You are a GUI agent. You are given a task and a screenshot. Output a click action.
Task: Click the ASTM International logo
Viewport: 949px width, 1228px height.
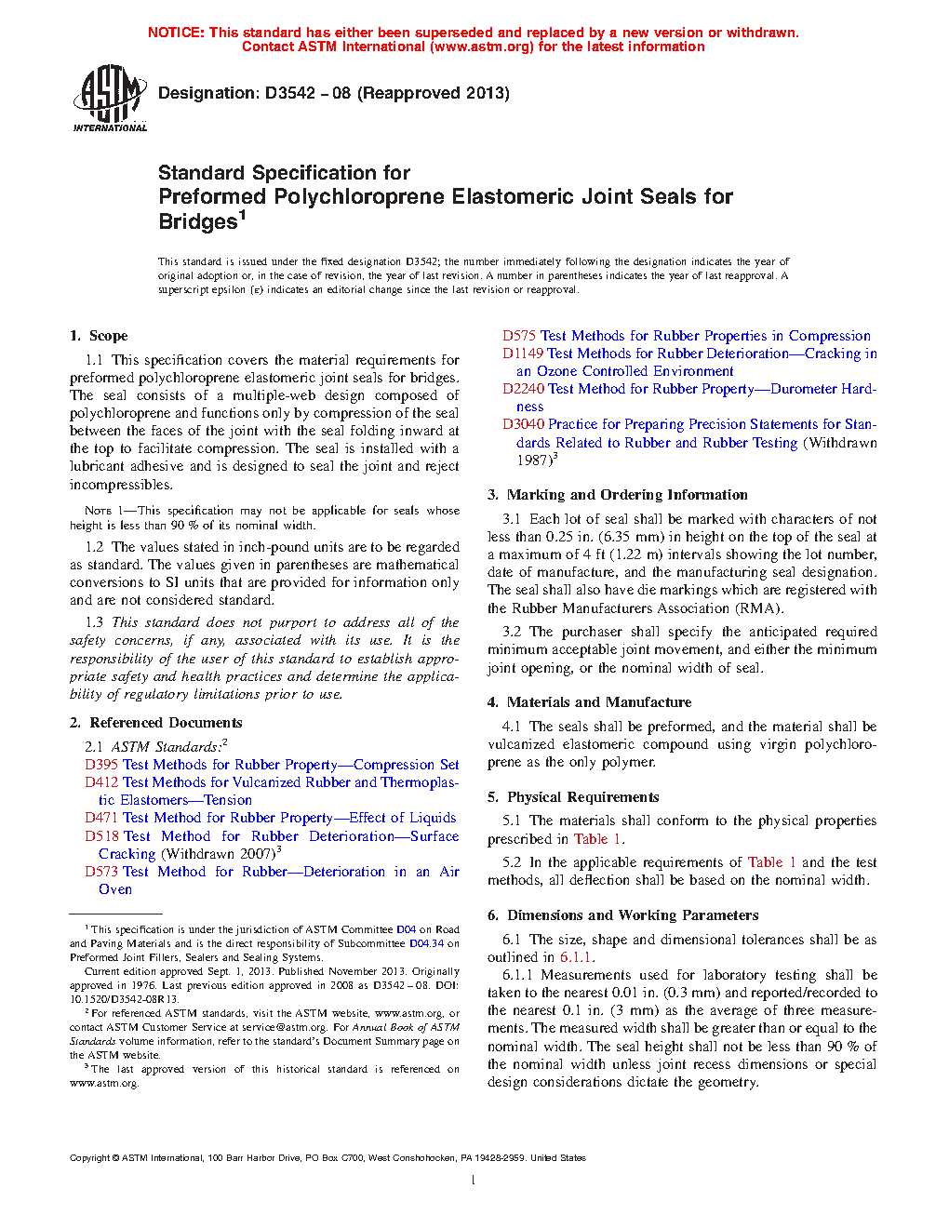coord(110,98)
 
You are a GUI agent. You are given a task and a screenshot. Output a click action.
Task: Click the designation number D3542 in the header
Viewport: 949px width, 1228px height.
coord(289,93)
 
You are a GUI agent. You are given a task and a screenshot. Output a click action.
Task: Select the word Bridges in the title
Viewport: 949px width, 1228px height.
coord(197,222)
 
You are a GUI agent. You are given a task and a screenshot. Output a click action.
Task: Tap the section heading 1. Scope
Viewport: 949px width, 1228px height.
coord(99,336)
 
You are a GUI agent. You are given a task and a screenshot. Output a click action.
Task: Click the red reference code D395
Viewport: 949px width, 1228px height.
coord(101,765)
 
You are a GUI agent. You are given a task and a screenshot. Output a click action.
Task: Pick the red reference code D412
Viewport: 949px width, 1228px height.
coord(101,782)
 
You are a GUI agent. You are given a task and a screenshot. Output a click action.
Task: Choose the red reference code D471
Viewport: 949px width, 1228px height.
coord(101,818)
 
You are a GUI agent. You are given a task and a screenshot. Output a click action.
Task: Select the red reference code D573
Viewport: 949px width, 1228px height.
coord(101,872)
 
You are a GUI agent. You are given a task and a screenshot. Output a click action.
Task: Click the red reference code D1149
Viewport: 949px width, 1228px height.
coord(523,354)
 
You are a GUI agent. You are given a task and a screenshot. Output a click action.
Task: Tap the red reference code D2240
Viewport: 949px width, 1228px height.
coord(524,389)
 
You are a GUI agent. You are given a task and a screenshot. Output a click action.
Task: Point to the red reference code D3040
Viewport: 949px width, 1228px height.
coord(524,424)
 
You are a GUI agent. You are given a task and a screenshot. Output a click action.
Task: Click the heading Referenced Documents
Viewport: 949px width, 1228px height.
coord(166,723)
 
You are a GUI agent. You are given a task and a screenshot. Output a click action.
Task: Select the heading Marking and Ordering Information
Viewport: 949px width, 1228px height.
coord(627,495)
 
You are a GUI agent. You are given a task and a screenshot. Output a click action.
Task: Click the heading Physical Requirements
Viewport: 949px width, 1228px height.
coord(582,797)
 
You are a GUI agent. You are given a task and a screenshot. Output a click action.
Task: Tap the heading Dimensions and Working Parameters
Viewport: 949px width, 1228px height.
coord(633,915)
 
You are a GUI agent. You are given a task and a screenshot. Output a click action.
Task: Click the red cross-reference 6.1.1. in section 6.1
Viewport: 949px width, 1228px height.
coord(577,957)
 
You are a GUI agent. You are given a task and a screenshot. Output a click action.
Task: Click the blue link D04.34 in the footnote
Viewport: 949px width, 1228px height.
coord(426,943)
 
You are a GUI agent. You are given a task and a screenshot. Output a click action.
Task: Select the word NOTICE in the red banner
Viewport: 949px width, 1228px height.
coord(176,33)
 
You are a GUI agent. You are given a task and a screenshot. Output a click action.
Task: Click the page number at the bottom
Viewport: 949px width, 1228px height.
coord(474,1181)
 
